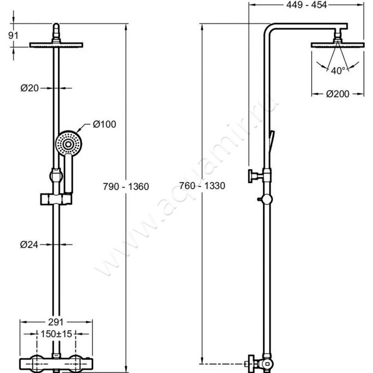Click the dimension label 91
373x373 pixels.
[14, 35]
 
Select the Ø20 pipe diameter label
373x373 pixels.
[29, 88]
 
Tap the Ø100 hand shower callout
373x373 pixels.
[104, 124]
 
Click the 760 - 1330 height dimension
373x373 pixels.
[202, 186]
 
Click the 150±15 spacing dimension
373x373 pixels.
[55, 334]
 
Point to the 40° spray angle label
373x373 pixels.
[338, 70]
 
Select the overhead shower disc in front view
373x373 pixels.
[56, 45]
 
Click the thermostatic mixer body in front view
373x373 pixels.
[56, 363]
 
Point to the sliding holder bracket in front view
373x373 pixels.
[55, 200]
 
